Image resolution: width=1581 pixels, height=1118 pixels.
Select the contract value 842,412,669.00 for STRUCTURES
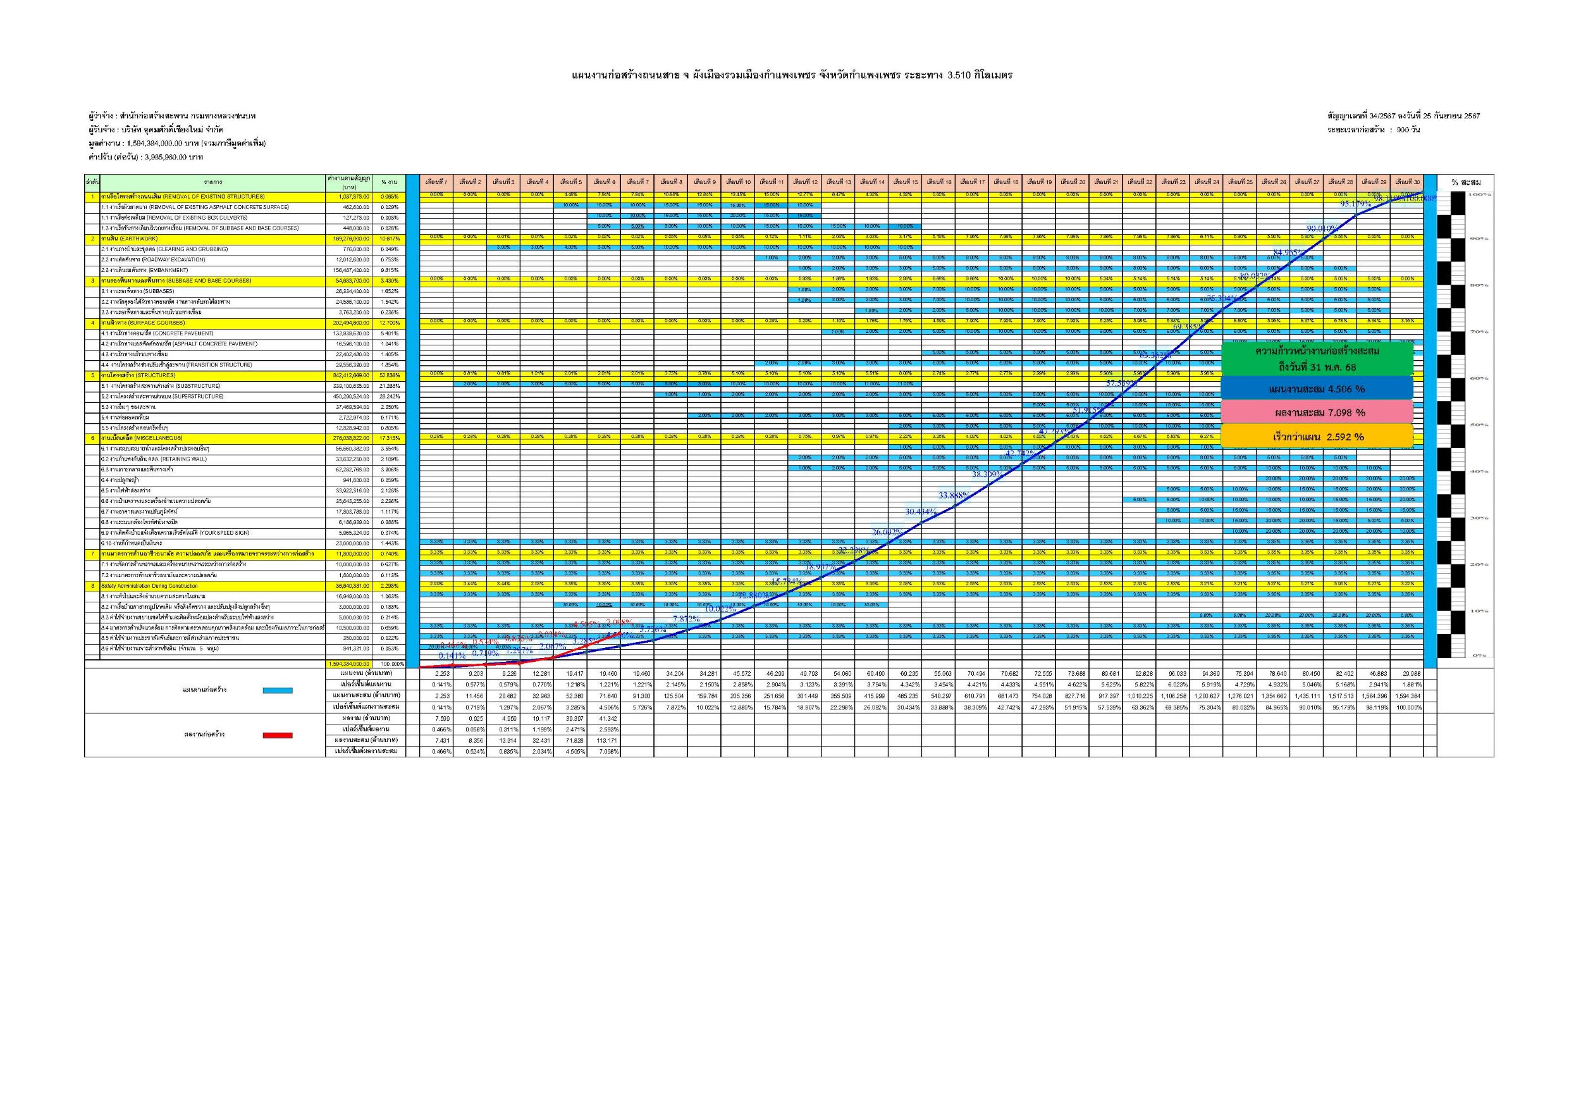click(349, 375)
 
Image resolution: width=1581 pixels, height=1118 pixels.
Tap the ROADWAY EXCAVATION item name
click(152, 259)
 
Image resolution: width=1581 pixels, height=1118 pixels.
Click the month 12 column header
click(805, 182)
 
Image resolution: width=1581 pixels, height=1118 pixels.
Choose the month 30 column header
click(1407, 182)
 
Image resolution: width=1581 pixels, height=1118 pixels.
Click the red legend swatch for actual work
click(278, 735)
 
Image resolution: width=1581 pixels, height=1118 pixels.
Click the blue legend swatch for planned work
click(278, 690)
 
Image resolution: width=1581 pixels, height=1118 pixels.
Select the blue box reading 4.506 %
click(1317, 389)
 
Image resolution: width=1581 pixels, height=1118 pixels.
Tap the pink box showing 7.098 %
click(1317, 413)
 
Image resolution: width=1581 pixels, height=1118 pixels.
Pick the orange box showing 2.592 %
click(1317, 437)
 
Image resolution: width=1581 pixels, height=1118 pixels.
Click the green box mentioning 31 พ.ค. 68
click(1317, 359)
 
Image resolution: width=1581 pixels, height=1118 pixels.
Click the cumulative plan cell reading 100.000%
click(1407, 707)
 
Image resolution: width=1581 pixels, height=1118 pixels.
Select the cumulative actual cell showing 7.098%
click(604, 751)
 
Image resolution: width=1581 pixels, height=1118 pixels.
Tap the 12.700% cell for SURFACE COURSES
click(389, 323)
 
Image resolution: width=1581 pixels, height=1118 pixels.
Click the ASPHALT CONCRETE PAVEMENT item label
click(178, 344)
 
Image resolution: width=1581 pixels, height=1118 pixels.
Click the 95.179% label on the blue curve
click(1355, 204)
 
